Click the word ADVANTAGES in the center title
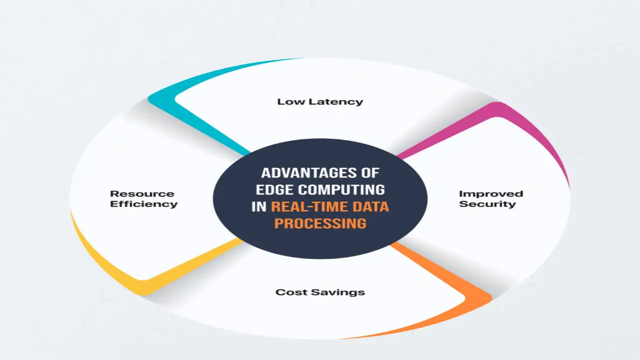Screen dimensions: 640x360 (305, 173)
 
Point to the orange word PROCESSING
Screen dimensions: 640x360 (320, 223)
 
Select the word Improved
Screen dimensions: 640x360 (490, 194)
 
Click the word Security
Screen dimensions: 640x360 (487, 204)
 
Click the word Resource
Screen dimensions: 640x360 (142, 194)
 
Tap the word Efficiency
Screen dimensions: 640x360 (143, 204)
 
